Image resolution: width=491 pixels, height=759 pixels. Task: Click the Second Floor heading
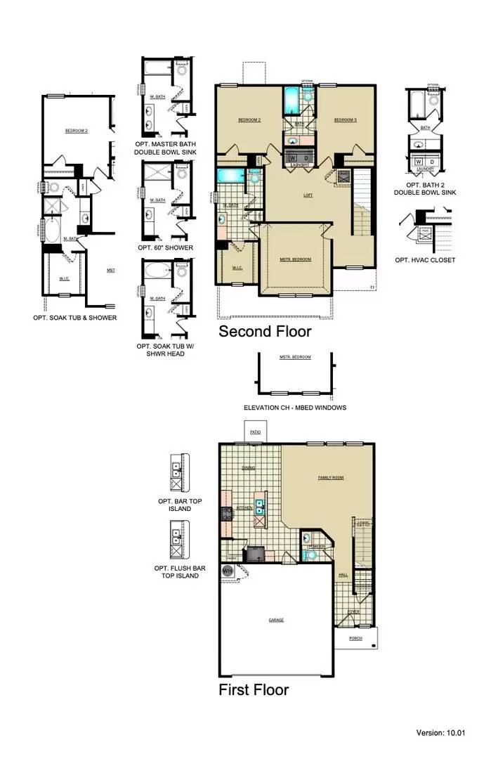click(265, 331)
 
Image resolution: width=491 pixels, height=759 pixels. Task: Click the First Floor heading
click(253, 689)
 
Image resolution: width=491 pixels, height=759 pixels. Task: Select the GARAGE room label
click(276, 620)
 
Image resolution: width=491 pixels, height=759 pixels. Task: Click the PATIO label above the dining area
click(255, 432)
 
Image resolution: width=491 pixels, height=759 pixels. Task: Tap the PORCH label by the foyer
click(356, 639)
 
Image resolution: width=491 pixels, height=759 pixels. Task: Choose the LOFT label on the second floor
click(308, 195)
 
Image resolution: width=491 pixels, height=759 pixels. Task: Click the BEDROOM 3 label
click(346, 120)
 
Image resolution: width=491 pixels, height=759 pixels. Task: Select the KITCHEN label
click(244, 507)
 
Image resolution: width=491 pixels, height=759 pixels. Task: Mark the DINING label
click(249, 468)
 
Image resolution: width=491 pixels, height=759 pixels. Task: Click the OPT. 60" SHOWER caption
click(165, 247)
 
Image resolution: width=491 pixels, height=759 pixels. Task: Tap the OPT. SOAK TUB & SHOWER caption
click(74, 318)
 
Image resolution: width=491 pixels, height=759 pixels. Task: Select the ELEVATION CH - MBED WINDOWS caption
click(294, 408)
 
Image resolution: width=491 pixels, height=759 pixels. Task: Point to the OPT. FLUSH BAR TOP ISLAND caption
click(176, 571)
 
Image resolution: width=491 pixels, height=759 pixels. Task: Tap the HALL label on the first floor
click(343, 575)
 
